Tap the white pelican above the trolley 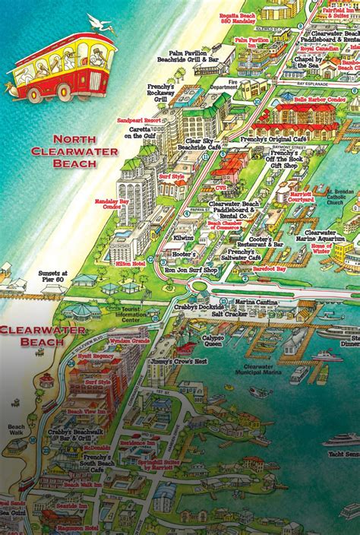(99, 22)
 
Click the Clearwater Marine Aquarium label (324, 234)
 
